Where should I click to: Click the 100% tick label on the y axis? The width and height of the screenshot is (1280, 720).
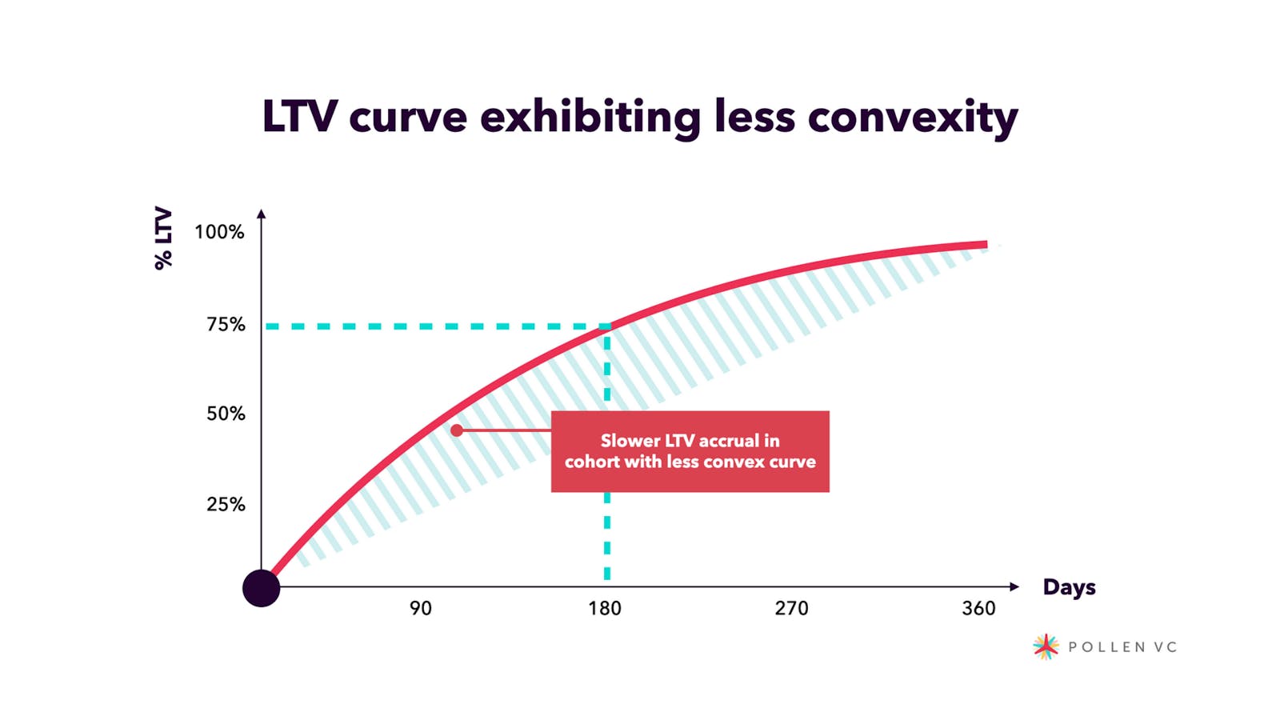tap(219, 232)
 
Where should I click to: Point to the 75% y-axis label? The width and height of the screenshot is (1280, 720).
tap(226, 324)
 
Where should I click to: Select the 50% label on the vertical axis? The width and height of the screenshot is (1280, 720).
tap(226, 414)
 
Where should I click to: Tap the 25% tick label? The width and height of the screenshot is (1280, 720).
tap(226, 504)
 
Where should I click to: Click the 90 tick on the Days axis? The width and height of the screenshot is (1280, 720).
tap(420, 609)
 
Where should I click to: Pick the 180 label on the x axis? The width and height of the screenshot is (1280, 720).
tap(605, 609)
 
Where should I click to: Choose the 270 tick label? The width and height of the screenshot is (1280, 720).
tap(791, 609)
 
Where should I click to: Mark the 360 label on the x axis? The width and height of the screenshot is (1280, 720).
tap(978, 609)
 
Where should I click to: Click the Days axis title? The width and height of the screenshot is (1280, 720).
tap(1069, 587)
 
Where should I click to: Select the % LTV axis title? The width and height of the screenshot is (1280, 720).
tap(163, 238)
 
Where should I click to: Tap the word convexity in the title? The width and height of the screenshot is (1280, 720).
tap(913, 118)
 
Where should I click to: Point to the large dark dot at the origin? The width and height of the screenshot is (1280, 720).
tap(261, 588)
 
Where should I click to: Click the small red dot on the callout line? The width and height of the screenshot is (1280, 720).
tap(457, 430)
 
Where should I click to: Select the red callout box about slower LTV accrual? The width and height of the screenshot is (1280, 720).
tap(690, 451)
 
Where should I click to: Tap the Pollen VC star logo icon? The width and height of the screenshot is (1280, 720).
tap(1046, 646)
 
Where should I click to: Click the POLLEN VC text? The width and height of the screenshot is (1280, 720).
tap(1122, 647)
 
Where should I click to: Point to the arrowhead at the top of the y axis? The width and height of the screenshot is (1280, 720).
tap(261, 214)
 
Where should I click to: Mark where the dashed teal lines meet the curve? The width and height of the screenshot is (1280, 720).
tap(607, 326)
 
